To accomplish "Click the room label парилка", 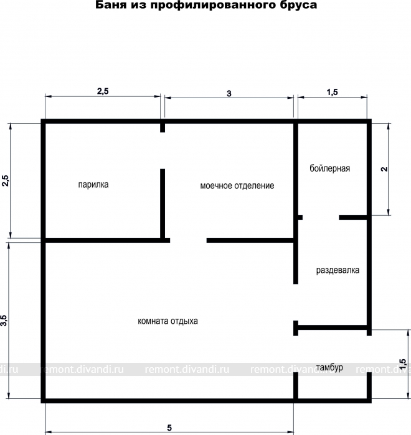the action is (93, 185).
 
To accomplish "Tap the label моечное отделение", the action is (237, 186).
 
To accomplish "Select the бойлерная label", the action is (330, 168).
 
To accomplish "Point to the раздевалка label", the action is (338, 270).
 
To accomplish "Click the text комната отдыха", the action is (168, 321).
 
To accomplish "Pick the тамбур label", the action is (329, 368).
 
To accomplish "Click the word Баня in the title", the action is (109, 5).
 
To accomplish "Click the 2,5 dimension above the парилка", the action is (103, 91).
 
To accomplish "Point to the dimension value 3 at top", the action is (229, 93).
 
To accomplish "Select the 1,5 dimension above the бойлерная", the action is (332, 92).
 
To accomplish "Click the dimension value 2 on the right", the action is (384, 169).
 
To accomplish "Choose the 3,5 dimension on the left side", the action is (4, 321).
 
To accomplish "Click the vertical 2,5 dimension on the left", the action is (6, 181).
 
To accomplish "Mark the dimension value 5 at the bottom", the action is (169, 428).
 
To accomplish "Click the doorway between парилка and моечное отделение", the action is (163, 150).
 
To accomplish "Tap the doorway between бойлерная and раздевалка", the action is (321, 217).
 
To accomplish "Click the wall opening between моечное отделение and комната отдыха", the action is (188, 240).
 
